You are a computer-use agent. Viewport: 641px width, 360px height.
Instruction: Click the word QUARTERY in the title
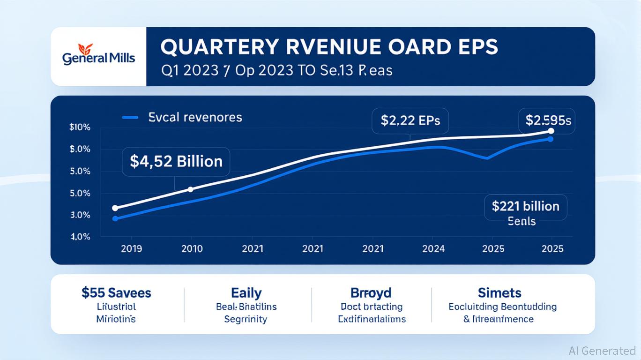coord(215,49)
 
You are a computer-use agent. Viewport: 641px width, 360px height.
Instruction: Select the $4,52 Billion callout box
coord(176,162)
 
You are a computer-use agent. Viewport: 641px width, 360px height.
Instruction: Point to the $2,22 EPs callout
coord(410,121)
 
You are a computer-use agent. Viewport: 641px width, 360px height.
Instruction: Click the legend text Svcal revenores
coord(195,117)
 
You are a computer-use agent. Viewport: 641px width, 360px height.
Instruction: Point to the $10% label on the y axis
coord(80,127)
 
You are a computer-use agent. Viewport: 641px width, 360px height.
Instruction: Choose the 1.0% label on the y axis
coord(81,237)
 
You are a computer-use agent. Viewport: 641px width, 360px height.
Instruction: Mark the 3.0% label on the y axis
coord(80,216)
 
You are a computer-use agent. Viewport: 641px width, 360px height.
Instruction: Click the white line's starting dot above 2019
coord(115,208)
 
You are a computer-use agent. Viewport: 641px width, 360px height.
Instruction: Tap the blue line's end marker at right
coord(551,139)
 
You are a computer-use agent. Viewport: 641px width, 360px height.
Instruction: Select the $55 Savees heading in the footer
coord(116,293)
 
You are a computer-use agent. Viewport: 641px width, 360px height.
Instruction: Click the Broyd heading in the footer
coord(370,293)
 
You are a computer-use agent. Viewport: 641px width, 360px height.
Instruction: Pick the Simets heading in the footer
coord(499,293)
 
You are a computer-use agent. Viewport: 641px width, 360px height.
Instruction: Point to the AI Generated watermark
coord(602,351)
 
